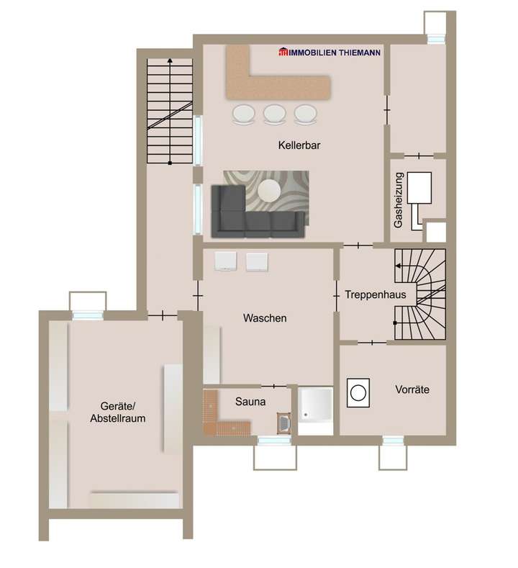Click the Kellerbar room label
click(299, 145)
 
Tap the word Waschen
click(265, 318)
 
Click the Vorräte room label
click(412, 389)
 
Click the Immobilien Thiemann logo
click(330, 52)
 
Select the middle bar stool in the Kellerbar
click(274, 114)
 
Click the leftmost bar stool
click(242, 114)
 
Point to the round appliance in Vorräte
click(358, 392)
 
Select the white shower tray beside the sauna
click(316, 411)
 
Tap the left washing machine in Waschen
click(225, 261)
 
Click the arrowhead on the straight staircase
click(170, 62)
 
